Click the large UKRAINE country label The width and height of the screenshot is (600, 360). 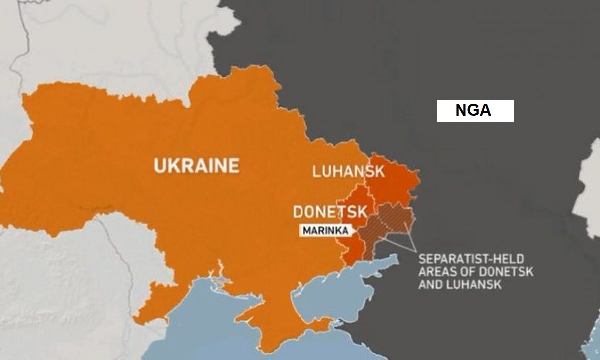[x=196, y=165]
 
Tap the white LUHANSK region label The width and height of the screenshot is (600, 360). [x=348, y=172]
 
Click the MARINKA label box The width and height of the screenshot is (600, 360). [x=325, y=231]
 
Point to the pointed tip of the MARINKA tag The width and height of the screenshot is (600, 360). [x=356, y=231]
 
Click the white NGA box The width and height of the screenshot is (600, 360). [x=475, y=111]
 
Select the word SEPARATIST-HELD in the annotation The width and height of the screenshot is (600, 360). [x=471, y=259]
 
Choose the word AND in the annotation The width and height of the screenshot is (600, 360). [x=431, y=285]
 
